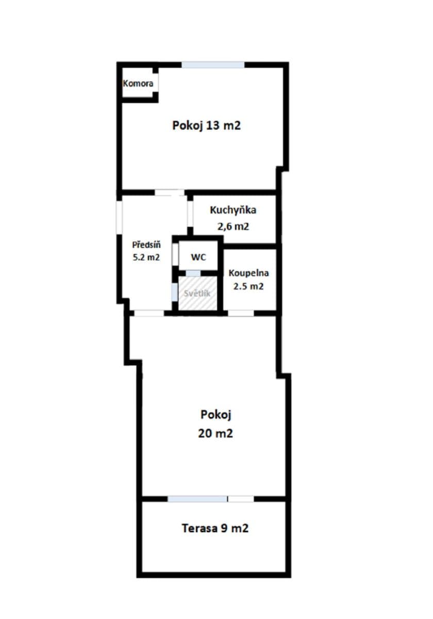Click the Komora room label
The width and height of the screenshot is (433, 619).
(x=138, y=83)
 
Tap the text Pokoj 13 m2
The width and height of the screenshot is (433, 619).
(x=206, y=125)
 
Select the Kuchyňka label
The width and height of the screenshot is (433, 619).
(x=233, y=210)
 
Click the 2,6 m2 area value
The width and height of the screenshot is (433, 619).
(x=233, y=225)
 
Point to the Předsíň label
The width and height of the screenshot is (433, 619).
(x=146, y=245)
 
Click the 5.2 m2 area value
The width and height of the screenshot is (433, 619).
(x=146, y=257)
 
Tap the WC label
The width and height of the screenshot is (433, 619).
(x=198, y=257)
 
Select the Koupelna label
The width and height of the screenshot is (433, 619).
(x=249, y=273)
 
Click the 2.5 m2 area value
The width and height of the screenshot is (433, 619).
(x=249, y=286)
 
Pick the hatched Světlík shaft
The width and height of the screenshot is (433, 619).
(x=197, y=294)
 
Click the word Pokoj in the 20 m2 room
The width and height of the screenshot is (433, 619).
(x=215, y=414)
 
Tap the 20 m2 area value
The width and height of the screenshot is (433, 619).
(x=215, y=433)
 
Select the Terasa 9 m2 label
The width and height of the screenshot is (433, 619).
(x=215, y=528)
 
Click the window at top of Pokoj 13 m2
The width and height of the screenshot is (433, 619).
(x=212, y=65)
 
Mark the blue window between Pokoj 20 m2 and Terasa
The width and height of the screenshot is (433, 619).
(x=197, y=499)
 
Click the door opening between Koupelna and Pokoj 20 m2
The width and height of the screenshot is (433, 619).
(x=241, y=313)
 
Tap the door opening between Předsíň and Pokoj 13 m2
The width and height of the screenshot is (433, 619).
(x=170, y=193)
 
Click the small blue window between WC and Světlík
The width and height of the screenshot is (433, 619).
(x=193, y=273)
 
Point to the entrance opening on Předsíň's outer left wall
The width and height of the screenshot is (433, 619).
(x=119, y=217)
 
